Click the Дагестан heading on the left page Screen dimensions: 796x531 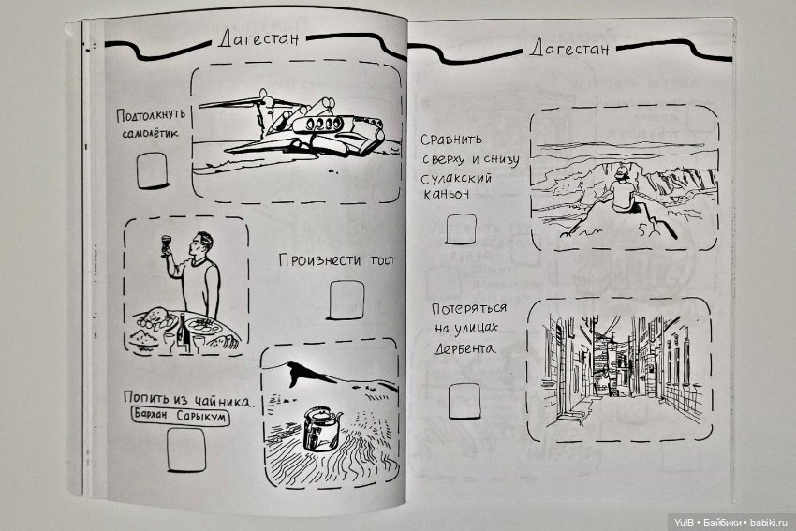pyautogui.click(x=258, y=39)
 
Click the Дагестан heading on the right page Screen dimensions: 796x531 pyautogui.click(x=569, y=48)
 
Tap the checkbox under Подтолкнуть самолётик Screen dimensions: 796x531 pyautogui.click(x=152, y=170)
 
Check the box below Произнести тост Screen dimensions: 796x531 pyautogui.click(x=346, y=301)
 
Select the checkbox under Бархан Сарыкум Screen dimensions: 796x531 pyautogui.click(x=186, y=450)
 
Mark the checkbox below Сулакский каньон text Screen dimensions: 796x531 pyautogui.click(x=461, y=229)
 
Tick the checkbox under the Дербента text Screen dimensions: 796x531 pyautogui.click(x=464, y=401)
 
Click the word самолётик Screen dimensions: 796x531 pyautogui.click(x=150, y=134)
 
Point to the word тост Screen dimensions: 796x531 pyautogui.click(x=383, y=260)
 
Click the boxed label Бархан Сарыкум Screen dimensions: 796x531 pyautogui.click(x=180, y=416)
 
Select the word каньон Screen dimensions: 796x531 pyautogui.click(x=445, y=195)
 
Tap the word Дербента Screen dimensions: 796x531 pyautogui.click(x=464, y=348)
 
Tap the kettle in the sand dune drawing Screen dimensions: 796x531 pyautogui.click(x=320, y=429)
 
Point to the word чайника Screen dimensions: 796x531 pyautogui.click(x=222, y=401)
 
